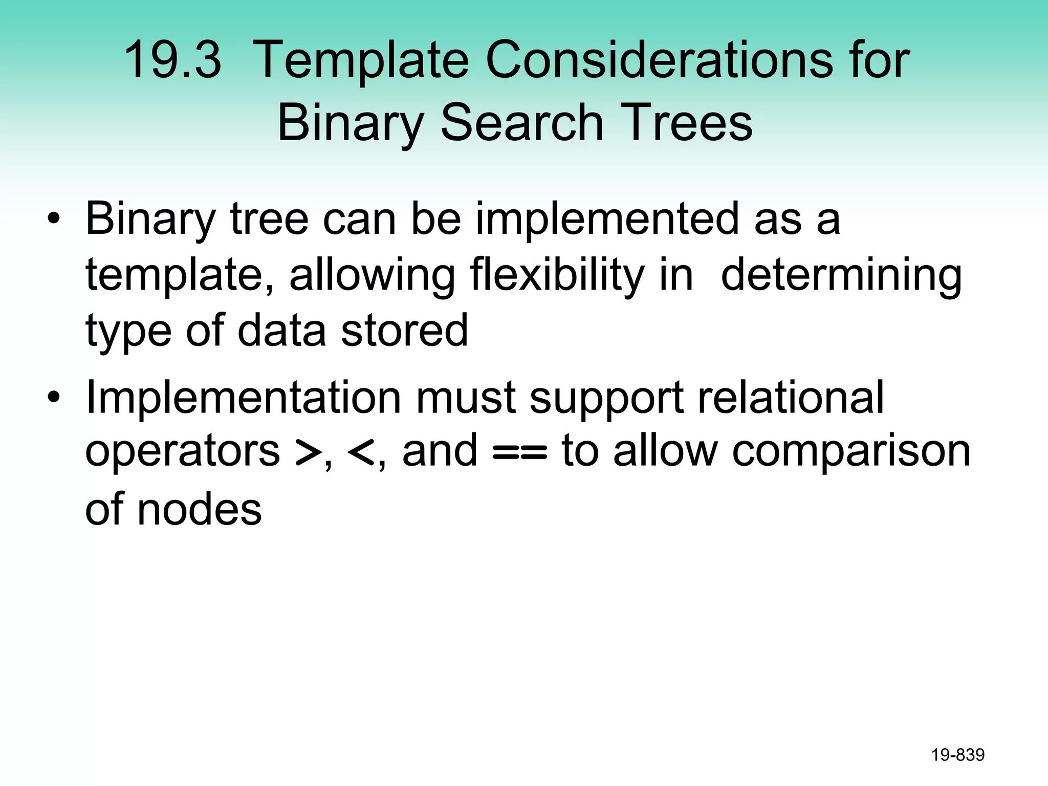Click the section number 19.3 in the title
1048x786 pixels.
pyautogui.click(x=172, y=60)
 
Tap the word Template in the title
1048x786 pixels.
pyautogui.click(x=360, y=60)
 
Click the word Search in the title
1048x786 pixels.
pyautogui.click(x=522, y=123)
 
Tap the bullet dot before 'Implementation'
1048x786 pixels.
pyautogui.click(x=53, y=398)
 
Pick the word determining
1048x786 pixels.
pyautogui.click(x=841, y=275)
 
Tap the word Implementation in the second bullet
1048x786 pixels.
pyautogui.click(x=243, y=398)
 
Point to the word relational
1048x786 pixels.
pyautogui.click(x=791, y=398)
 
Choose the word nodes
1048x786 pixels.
pyautogui.click(x=200, y=510)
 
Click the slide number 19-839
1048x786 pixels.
pyautogui.click(x=957, y=755)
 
